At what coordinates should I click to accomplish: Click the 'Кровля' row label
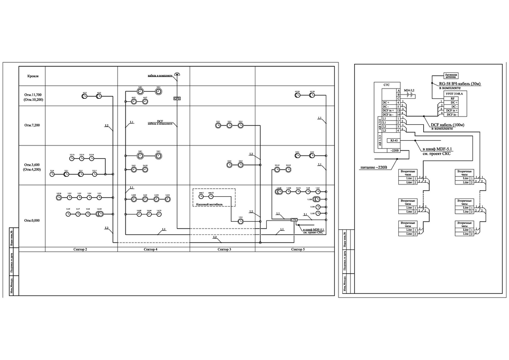pos(33,77)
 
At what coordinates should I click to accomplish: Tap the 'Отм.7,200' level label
pos(33,126)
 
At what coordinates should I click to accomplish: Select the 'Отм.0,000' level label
pos(32,220)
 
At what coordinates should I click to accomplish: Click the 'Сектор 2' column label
pos(80,250)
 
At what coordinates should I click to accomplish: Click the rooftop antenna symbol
pos(177,75)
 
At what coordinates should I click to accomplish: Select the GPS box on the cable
pos(177,98)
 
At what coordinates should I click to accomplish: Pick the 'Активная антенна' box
pos(451,76)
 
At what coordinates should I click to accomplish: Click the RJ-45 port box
pos(394,140)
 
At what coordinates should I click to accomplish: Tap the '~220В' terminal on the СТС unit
pos(394,150)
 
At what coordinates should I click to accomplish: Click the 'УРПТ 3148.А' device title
pos(456,93)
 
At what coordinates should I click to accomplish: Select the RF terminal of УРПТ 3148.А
pos(453,98)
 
